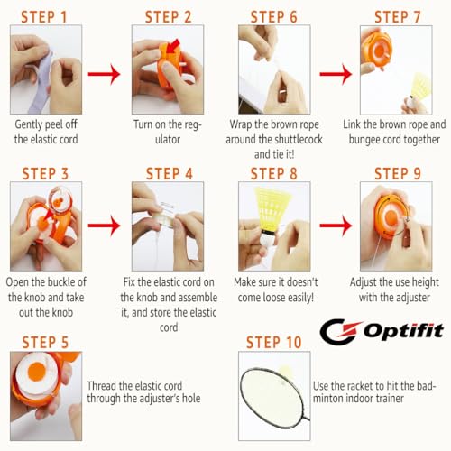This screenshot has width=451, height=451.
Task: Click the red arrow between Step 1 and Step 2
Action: [x=104, y=74]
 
